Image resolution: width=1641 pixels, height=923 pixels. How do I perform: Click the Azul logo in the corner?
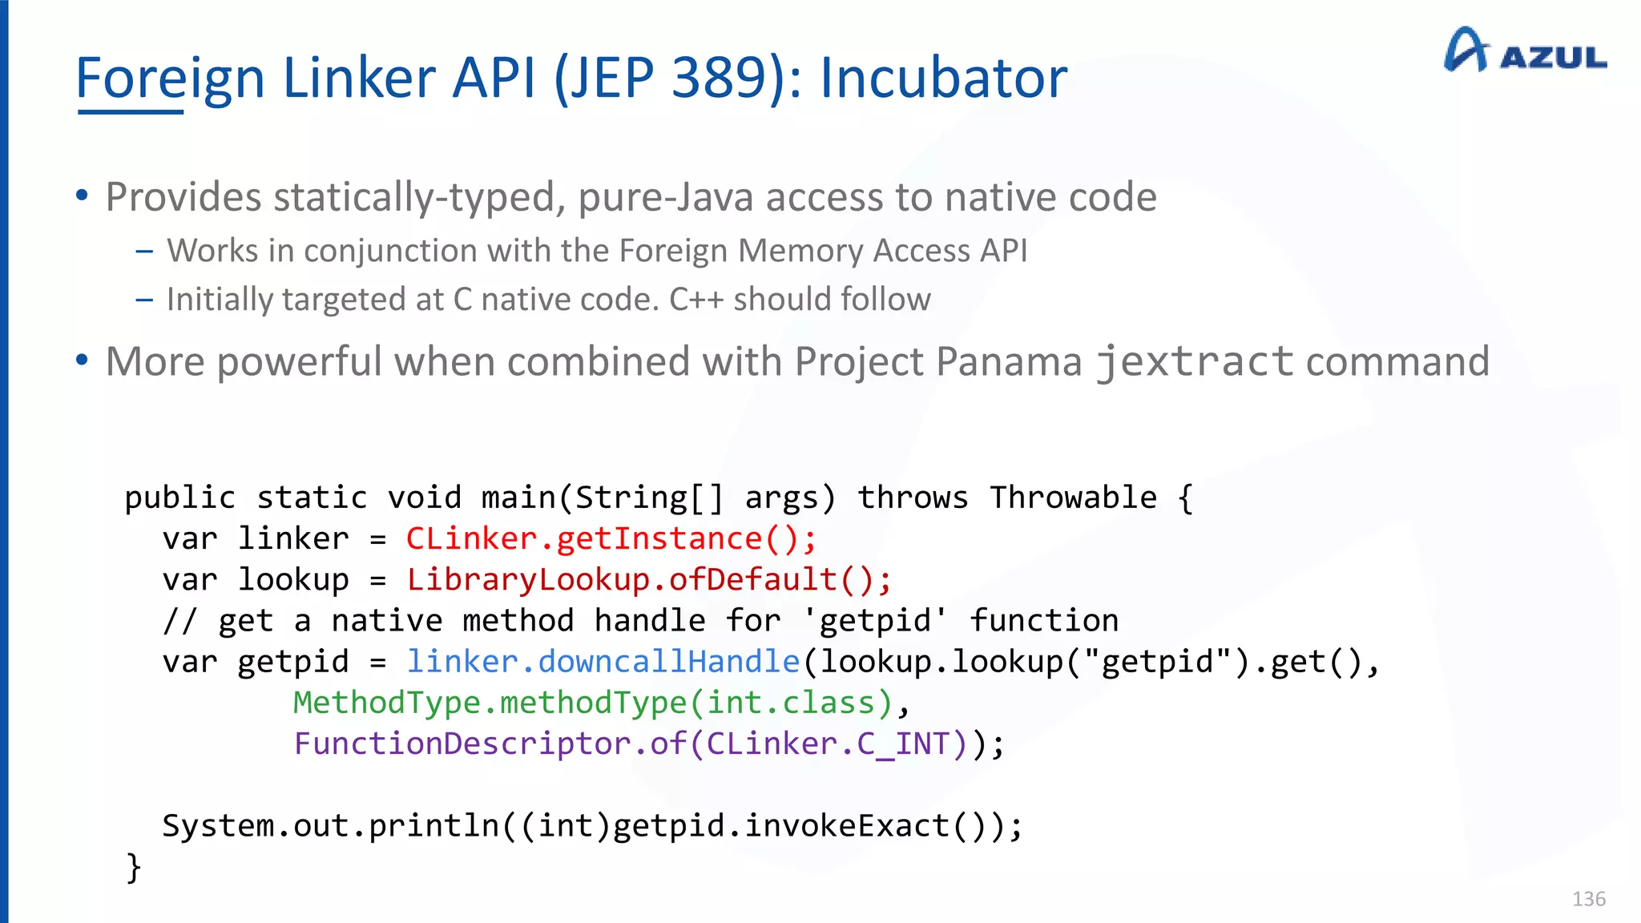coord(1524,51)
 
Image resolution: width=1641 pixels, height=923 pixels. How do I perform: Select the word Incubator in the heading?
coord(943,79)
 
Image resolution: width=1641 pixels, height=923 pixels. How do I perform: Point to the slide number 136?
coord(1588,899)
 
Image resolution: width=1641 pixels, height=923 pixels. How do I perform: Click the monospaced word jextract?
coord(1194,361)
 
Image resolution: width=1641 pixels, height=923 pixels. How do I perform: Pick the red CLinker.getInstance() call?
coord(611,538)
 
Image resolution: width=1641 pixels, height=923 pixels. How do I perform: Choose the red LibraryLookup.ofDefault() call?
coord(648,579)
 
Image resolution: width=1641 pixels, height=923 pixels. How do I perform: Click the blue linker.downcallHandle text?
coord(603,662)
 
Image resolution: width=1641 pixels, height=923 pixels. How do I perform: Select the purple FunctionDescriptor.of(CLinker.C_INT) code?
coord(631,744)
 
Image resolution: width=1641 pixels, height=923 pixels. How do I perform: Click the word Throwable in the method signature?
coord(1073,498)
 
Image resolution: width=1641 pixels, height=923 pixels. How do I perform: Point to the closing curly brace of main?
coord(134,867)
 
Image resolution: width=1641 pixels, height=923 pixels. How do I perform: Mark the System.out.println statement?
coord(592,826)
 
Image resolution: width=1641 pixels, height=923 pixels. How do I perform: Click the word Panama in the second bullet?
coord(1009,361)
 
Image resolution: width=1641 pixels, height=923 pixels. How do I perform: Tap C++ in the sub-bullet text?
coord(696,300)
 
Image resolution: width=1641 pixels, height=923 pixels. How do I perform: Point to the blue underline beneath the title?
coord(131,112)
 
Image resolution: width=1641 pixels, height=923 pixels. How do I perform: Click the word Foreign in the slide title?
coord(170,79)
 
